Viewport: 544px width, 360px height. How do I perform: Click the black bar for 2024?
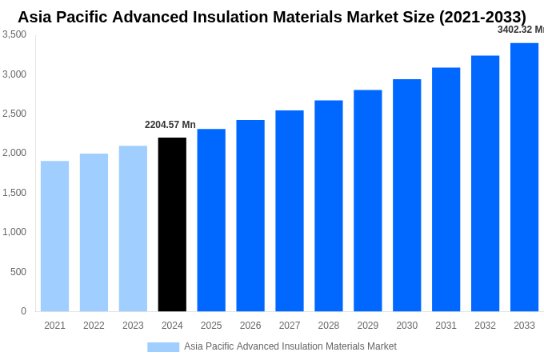coord(172,225)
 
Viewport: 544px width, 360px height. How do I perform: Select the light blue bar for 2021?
coord(54,236)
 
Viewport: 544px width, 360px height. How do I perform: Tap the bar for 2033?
coord(524,178)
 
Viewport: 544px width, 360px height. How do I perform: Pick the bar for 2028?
coord(328,206)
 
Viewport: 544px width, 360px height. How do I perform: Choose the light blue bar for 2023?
coord(133,229)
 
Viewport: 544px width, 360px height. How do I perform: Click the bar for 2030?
coord(406,195)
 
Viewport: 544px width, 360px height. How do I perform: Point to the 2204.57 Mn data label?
coord(170,125)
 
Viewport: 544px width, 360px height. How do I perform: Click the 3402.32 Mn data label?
coord(520,30)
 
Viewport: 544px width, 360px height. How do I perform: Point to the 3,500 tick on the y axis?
coord(14,34)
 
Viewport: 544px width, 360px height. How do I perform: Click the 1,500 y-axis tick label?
coord(14,193)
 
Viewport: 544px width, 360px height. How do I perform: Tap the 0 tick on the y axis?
coord(23,311)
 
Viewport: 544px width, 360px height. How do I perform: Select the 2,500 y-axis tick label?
coord(14,114)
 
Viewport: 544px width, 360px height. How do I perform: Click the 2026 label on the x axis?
coord(250,326)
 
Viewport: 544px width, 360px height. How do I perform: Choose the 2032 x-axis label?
coord(485,326)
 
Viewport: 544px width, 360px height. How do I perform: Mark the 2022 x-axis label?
coord(94,326)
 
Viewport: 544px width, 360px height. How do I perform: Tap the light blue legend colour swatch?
coord(163,347)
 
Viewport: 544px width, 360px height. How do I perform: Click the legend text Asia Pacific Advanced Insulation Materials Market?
coord(290,346)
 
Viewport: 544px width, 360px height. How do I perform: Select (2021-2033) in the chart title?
coord(482,17)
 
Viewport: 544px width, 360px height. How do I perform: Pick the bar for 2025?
coord(211,220)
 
